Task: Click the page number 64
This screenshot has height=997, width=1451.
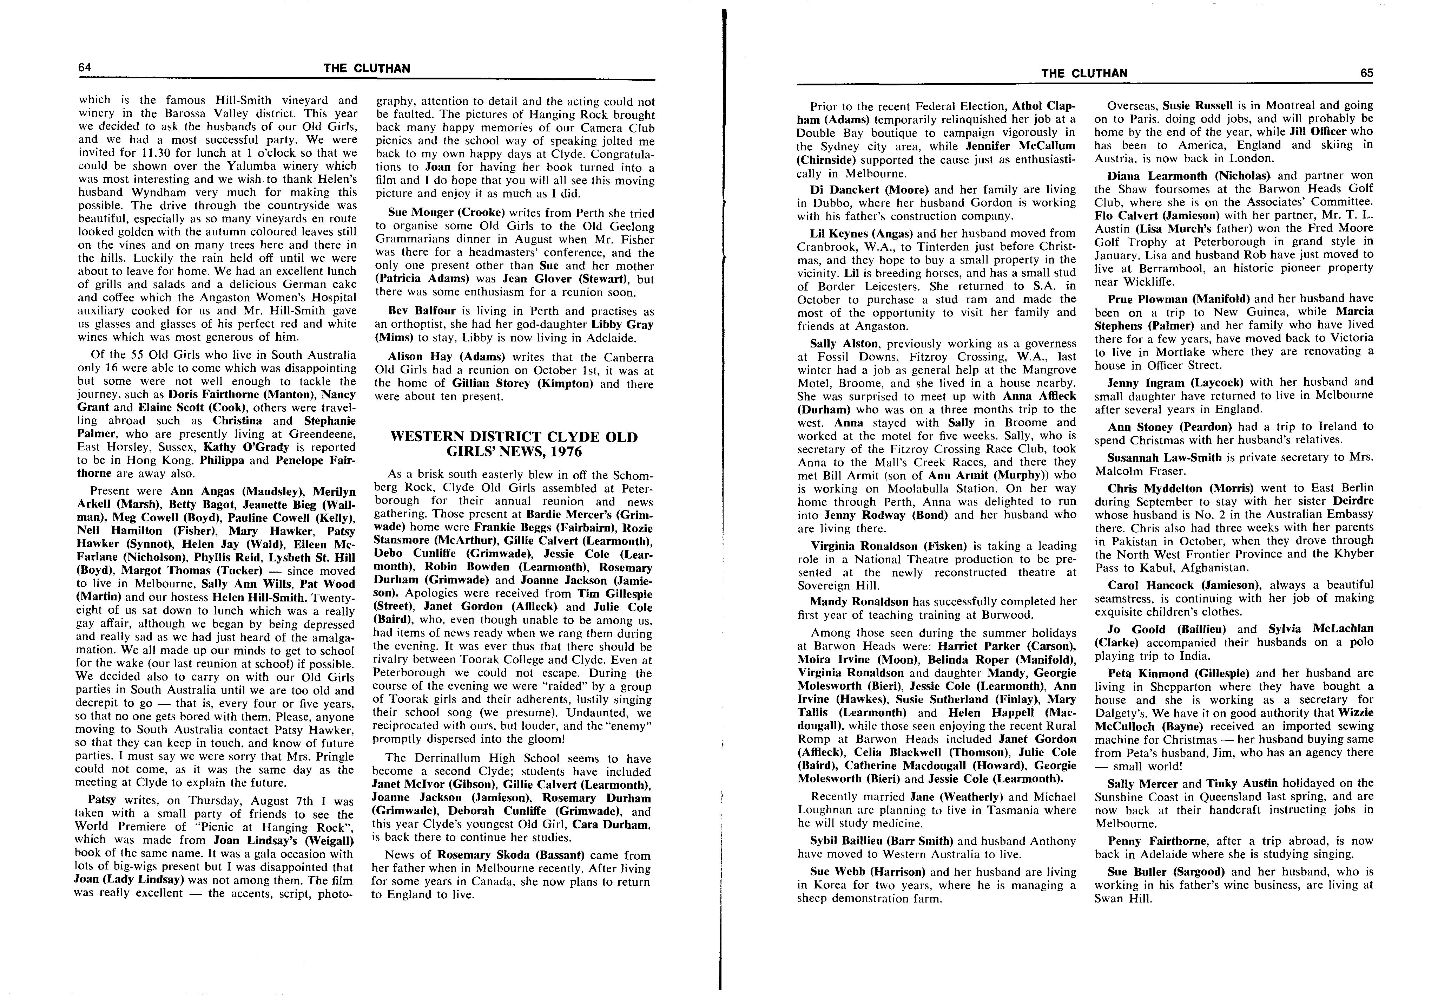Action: pyautogui.click(x=85, y=67)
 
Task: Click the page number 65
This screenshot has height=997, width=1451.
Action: pyautogui.click(x=1367, y=73)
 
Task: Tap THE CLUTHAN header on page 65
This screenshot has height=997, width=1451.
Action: pyautogui.click(x=1084, y=73)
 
